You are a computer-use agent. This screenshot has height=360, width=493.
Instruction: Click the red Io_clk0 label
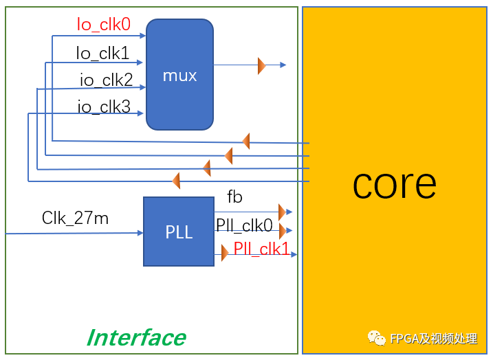(x=104, y=25)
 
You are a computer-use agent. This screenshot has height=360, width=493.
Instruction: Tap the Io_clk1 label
(x=102, y=53)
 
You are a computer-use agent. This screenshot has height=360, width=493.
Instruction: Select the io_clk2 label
(x=106, y=80)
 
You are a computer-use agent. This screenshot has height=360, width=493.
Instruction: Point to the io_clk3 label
(x=104, y=106)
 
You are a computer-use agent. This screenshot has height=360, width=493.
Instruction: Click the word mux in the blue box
(x=179, y=75)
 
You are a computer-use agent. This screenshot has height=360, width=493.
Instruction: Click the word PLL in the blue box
(x=179, y=233)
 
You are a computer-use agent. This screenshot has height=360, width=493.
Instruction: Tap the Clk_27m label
(x=75, y=218)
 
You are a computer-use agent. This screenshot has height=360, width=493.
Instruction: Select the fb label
(x=234, y=197)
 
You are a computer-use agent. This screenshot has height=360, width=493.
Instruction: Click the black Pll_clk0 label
(x=244, y=225)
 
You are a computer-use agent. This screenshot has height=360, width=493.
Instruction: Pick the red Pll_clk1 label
(x=261, y=249)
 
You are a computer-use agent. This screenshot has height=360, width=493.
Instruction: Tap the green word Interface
(x=136, y=337)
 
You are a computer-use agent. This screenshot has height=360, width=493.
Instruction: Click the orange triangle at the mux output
(x=261, y=65)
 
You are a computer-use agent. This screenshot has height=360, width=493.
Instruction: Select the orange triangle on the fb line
(x=282, y=212)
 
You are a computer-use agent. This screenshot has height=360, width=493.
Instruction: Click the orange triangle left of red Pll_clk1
(x=225, y=253)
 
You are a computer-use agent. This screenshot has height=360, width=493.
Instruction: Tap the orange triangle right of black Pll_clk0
(x=282, y=229)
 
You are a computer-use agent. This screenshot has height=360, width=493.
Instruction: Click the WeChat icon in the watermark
(x=376, y=337)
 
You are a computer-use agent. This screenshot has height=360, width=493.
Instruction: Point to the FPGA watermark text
(x=433, y=338)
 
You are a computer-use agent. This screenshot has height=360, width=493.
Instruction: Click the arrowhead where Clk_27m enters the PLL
(x=140, y=234)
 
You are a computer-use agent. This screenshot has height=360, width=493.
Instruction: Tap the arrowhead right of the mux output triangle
(x=283, y=65)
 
